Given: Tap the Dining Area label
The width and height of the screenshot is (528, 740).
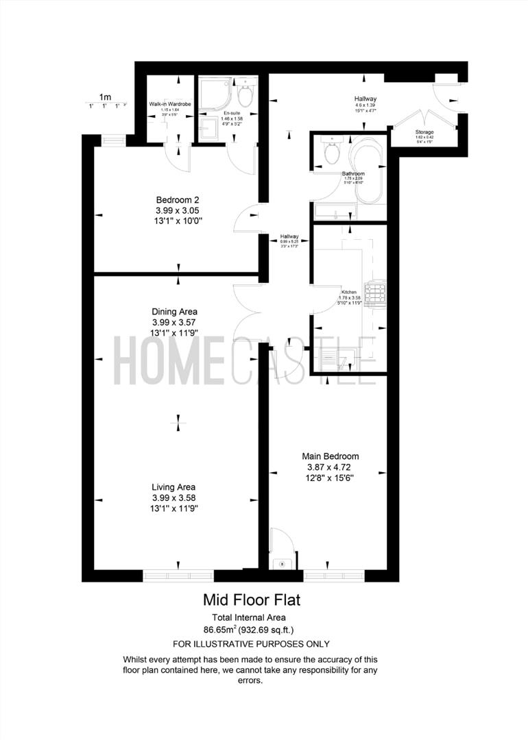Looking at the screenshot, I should tap(174, 311).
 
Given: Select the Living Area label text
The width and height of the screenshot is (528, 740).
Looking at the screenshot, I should tap(174, 487).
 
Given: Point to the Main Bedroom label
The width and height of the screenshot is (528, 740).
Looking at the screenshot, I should tap(331, 456).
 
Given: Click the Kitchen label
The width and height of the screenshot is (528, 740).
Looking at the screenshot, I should tap(349, 292).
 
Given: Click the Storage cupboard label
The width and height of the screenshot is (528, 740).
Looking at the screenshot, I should tap(424, 132).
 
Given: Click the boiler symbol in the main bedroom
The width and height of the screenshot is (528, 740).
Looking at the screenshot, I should tap(282, 563).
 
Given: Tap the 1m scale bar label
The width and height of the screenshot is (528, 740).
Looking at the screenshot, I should tap(105, 97).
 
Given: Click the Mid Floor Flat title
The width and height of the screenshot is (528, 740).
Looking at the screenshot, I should tap(252, 600).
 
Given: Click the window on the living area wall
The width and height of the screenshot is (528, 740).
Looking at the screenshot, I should tap(178, 575).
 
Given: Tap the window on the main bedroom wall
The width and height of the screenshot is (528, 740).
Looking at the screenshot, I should tap(333, 575).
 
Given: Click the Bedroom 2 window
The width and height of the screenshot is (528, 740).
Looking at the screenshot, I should tap(113, 140).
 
